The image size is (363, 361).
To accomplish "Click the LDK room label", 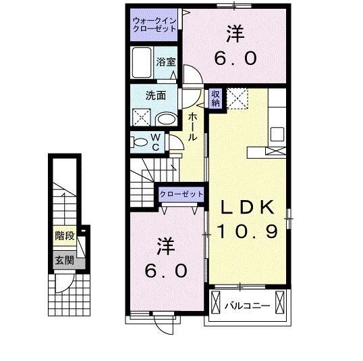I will pos(245,207).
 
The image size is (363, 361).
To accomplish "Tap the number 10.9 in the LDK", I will pos(247,232).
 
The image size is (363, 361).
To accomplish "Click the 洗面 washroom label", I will pos(156,95).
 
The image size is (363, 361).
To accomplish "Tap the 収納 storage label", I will pos(215,99).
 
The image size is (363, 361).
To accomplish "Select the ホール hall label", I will pos(192,127).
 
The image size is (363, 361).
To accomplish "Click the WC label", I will pos(155,142).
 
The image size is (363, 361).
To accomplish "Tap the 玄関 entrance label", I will pos(64,260).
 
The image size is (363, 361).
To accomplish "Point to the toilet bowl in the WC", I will pos(140,142).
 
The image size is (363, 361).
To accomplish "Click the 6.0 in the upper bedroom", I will pos(235,59).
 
